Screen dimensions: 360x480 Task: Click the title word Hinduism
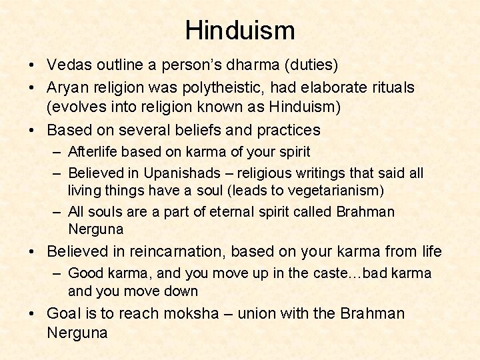point(240,31)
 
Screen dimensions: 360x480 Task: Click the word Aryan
point(69,87)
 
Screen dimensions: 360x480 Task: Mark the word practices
point(283,130)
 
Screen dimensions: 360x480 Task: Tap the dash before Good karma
point(58,273)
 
